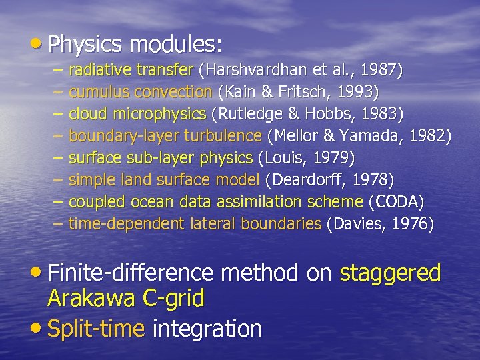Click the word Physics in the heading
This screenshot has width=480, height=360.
[85, 45]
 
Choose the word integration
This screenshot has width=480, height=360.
[207, 329]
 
